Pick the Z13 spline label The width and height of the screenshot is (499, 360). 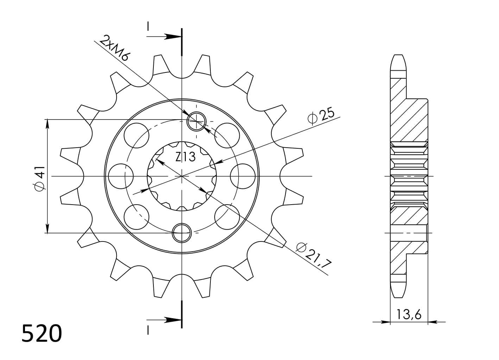pos(185,156)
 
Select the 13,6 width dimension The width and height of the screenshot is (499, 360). pos(409,314)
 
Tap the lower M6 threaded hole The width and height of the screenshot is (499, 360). pos(182,232)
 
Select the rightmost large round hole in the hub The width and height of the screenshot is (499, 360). pos(243,176)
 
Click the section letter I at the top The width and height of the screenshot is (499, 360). pos(149,27)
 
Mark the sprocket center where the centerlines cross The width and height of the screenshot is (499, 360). pos(182,176)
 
